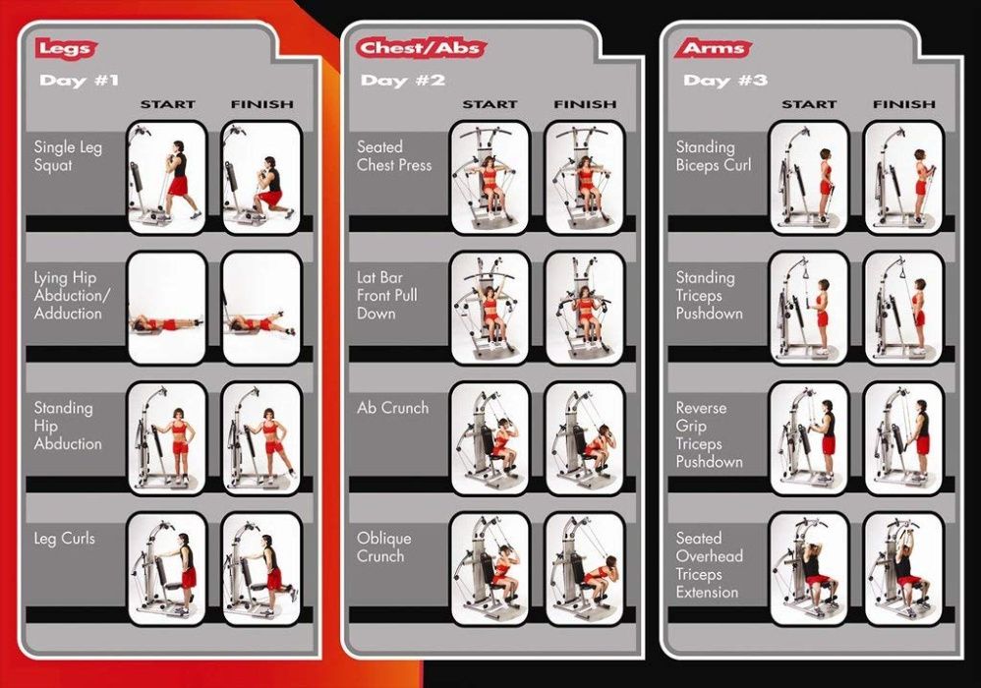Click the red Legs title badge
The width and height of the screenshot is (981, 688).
coord(65,48)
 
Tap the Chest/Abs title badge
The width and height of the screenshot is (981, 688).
coord(422,47)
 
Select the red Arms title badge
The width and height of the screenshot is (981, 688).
coord(713,47)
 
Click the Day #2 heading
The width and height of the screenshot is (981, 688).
coord(402,80)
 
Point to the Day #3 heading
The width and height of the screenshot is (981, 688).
coord(725,80)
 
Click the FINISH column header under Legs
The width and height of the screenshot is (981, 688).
coord(262,104)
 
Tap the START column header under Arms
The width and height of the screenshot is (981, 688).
coord(808,104)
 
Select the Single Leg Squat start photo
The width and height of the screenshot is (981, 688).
coord(166,178)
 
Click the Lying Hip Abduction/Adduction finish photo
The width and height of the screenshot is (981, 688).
coord(261,308)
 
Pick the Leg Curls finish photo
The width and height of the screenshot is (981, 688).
coord(261,568)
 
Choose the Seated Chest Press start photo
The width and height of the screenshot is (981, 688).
coord(490,178)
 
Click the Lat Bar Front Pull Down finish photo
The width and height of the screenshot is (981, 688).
coord(584,308)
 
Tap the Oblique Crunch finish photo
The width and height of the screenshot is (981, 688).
coord(584,568)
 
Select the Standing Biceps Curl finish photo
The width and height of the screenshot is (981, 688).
coord(903,178)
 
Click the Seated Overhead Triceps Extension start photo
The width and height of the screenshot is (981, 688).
coord(808,568)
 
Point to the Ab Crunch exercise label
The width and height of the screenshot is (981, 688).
coord(393,408)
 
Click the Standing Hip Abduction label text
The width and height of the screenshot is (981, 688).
coord(68,426)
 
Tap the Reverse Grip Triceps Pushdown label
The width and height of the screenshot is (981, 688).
coord(710,434)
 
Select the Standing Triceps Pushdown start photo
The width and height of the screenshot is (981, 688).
coord(808,308)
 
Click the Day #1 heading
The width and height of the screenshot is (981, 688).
coord(79,80)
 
